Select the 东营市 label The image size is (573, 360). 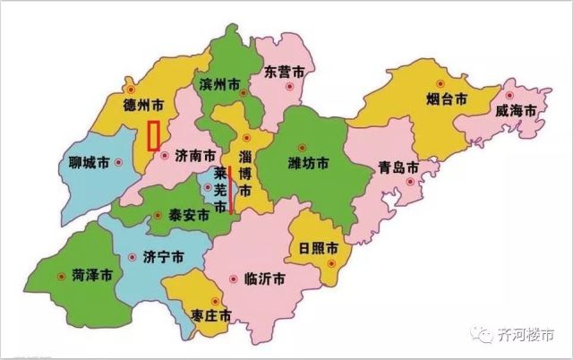pyautogui.click(x=285, y=72)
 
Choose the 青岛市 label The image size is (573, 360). pyautogui.click(x=398, y=167)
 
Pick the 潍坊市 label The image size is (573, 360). pyautogui.click(x=308, y=163)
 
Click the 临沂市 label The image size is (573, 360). pyautogui.click(x=265, y=278)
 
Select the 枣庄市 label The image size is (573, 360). pyautogui.click(x=211, y=316)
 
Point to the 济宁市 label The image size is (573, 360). pyautogui.click(x=163, y=256)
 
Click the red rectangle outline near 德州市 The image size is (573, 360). pyautogui.click(x=153, y=134)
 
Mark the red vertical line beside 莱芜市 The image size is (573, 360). pyautogui.click(x=231, y=190)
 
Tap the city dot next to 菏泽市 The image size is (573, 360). pyautogui.click(x=61, y=276)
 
